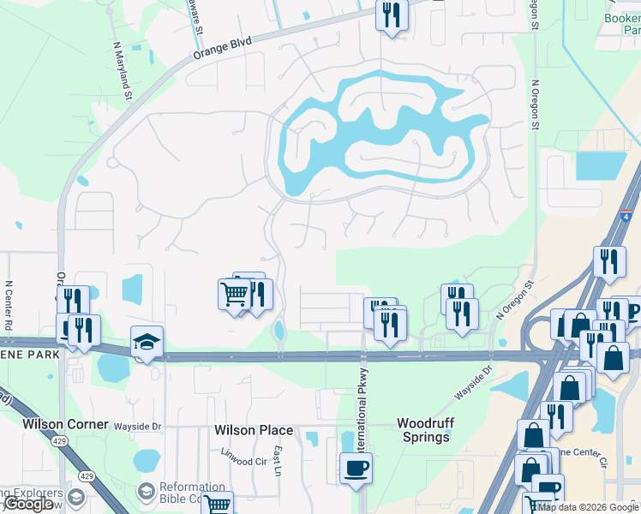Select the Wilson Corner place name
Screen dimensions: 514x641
pyautogui.click(x=65, y=424)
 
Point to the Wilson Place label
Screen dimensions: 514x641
pyautogui.click(x=253, y=430)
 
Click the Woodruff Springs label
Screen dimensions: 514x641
pyautogui.click(x=423, y=430)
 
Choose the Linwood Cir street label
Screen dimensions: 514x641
pyautogui.click(x=244, y=461)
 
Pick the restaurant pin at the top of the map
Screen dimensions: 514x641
pyautogui.click(x=392, y=15)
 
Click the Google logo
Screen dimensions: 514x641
pyautogui.click(x=29, y=504)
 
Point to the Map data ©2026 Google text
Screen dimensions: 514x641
pyautogui.click(x=588, y=507)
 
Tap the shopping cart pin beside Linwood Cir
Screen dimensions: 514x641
pyautogui.click(x=218, y=505)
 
